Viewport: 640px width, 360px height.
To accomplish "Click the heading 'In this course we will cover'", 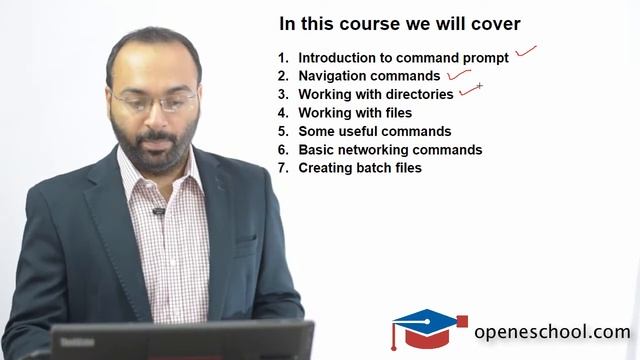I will click(x=399, y=24).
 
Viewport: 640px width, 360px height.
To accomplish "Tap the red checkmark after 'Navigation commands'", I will click(x=459, y=72).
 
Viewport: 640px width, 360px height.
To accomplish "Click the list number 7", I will click(x=283, y=168).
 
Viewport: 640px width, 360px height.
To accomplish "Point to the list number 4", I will click(x=283, y=113).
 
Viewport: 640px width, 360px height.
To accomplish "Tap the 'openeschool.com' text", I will click(x=552, y=332).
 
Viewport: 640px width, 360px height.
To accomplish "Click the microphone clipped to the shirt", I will click(x=157, y=212).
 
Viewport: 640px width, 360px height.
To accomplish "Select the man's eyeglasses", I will click(x=155, y=101).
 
